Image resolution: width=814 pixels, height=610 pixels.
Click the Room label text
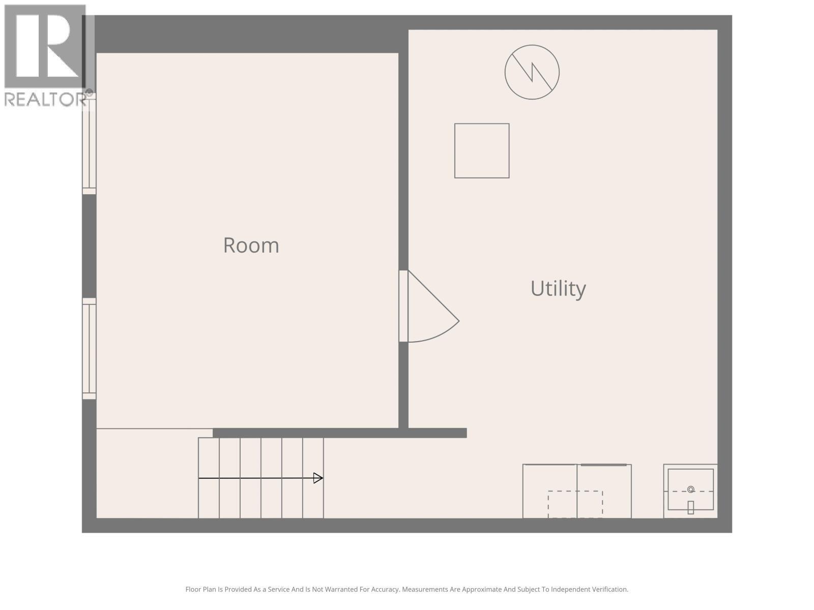[251, 246]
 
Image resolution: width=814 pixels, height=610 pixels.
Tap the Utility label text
[558, 289]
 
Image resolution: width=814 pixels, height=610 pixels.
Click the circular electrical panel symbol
[532, 72]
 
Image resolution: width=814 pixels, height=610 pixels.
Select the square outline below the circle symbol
[481, 150]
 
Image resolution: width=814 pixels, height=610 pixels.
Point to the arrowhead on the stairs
[318, 478]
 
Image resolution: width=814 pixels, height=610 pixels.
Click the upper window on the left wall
[89, 143]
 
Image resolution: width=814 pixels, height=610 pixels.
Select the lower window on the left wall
[89, 348]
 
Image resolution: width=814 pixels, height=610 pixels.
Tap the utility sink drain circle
[690, 490]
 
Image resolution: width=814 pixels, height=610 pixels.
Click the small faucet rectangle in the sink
[690, 507]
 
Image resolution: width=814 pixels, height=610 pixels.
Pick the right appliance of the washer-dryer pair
[604, 491]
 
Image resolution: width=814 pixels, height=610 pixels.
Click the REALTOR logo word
[45, 100]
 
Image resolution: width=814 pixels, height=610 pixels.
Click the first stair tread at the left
[209, 478]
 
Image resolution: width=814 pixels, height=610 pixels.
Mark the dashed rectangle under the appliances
[575, 504]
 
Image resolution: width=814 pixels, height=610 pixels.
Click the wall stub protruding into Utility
[438, 433]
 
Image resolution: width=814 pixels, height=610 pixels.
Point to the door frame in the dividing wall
[403, 306]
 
